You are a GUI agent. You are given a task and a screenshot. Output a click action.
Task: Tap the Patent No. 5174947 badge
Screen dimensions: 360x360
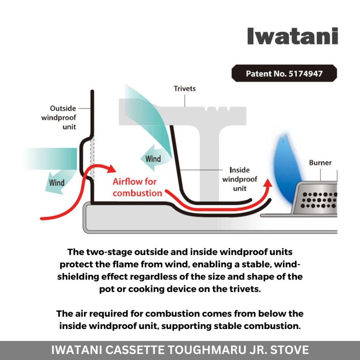click(284, 74)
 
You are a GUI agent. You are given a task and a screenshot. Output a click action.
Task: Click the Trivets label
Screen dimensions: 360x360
click(185, 89)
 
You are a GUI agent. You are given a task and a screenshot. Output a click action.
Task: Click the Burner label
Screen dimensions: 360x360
click(320, 163)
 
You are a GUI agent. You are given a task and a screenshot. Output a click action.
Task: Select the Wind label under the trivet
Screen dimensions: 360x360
click(153, 159)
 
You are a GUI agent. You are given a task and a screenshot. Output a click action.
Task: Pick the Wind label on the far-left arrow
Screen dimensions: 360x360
click(57, 182)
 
